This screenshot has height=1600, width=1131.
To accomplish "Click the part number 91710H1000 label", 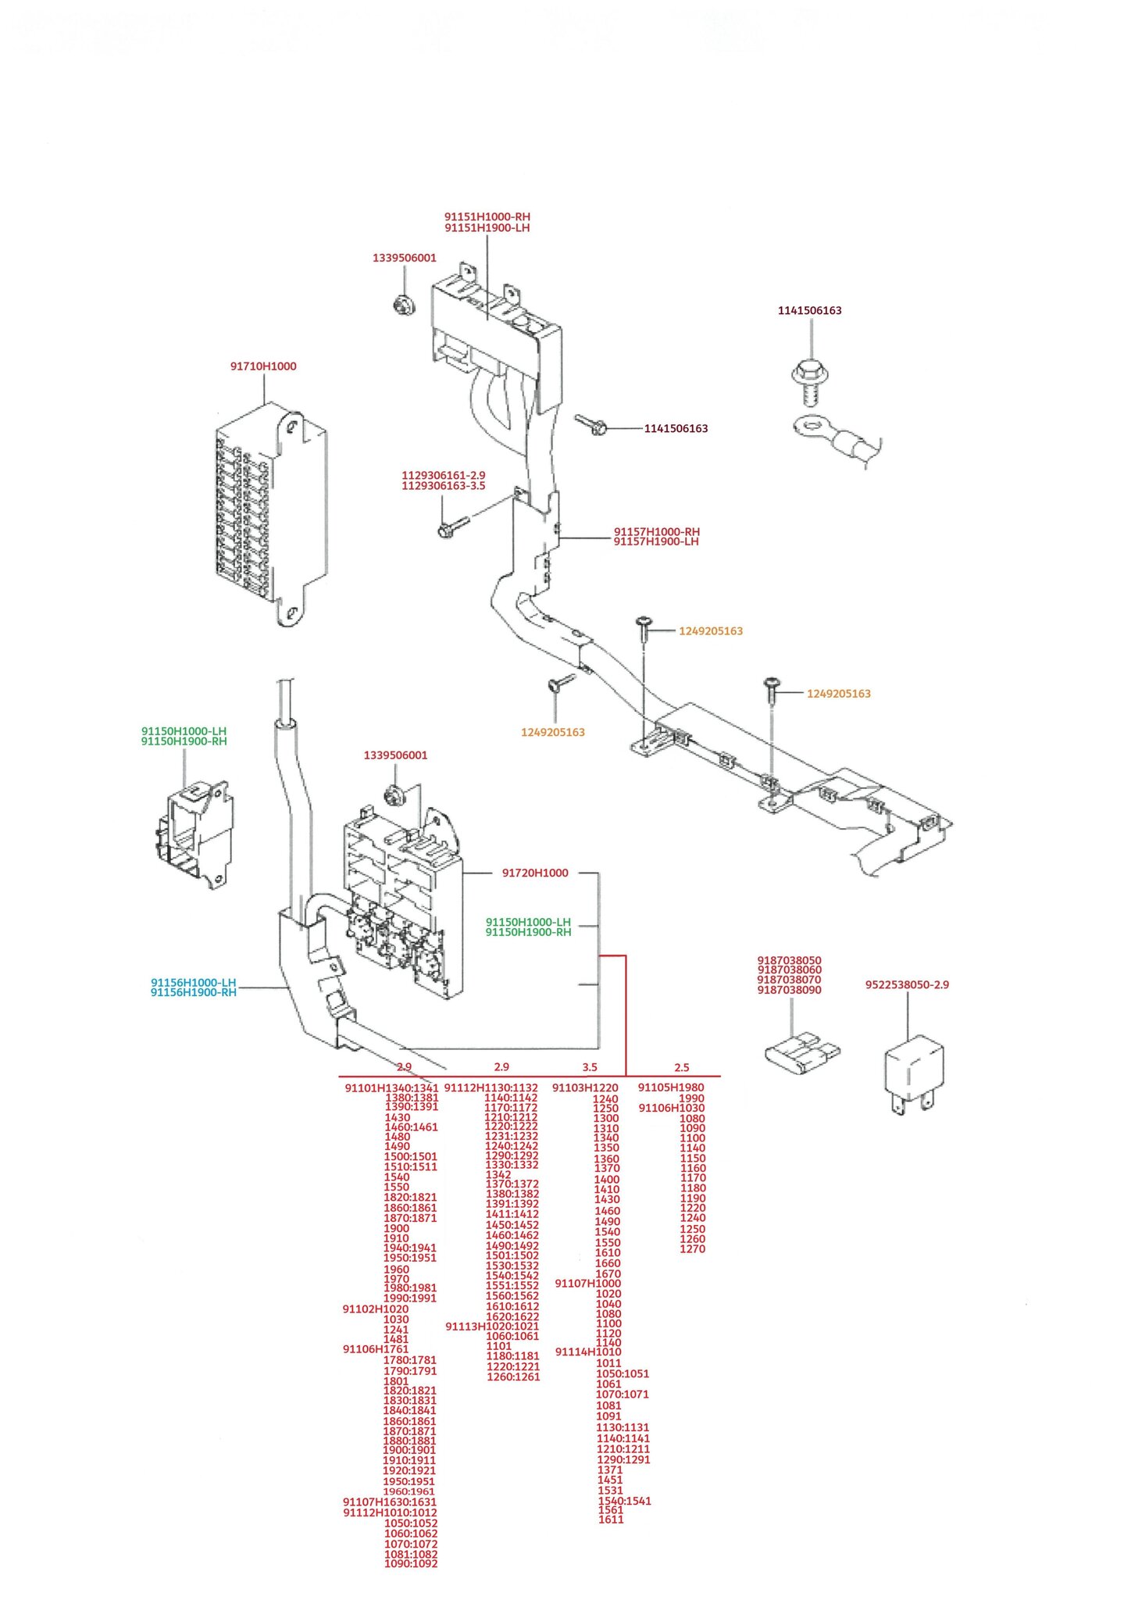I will [263, 366].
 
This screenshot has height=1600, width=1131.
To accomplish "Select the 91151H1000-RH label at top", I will [487, 216].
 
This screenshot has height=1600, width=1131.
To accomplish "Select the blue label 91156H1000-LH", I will [193, 982].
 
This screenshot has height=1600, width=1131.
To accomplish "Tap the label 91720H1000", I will [535, 873].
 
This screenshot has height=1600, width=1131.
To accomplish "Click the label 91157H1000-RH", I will [656, 532].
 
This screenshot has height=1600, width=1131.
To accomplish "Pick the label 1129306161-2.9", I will [443, 475].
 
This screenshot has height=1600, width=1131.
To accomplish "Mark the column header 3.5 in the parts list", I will [590, 1067].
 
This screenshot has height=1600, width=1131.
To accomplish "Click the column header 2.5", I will [682, 1067].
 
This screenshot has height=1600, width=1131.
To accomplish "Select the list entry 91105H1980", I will [671, 1087].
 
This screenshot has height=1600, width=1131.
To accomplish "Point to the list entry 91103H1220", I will [585, 1087].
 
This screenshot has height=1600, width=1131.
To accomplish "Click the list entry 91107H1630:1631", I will [390, 1502].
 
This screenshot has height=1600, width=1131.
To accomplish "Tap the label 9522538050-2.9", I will [907, 984].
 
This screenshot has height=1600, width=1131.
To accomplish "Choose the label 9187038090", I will [790, 990].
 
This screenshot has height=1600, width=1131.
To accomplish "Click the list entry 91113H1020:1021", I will [492, 1326].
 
